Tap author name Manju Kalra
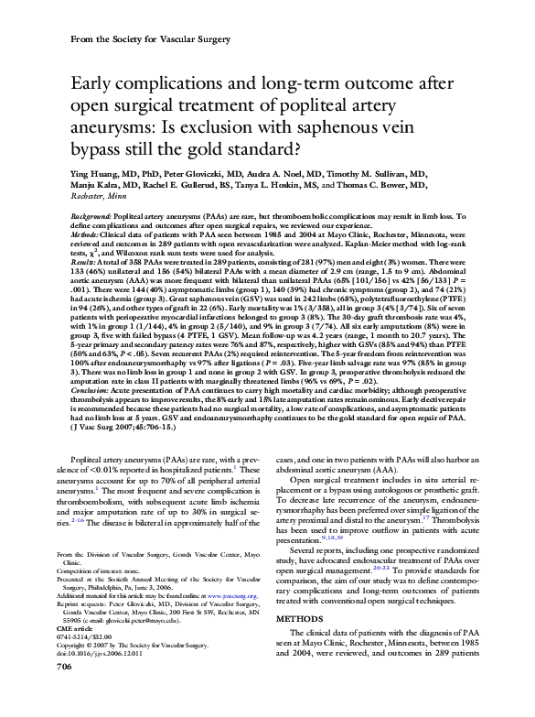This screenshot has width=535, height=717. point(99,183)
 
